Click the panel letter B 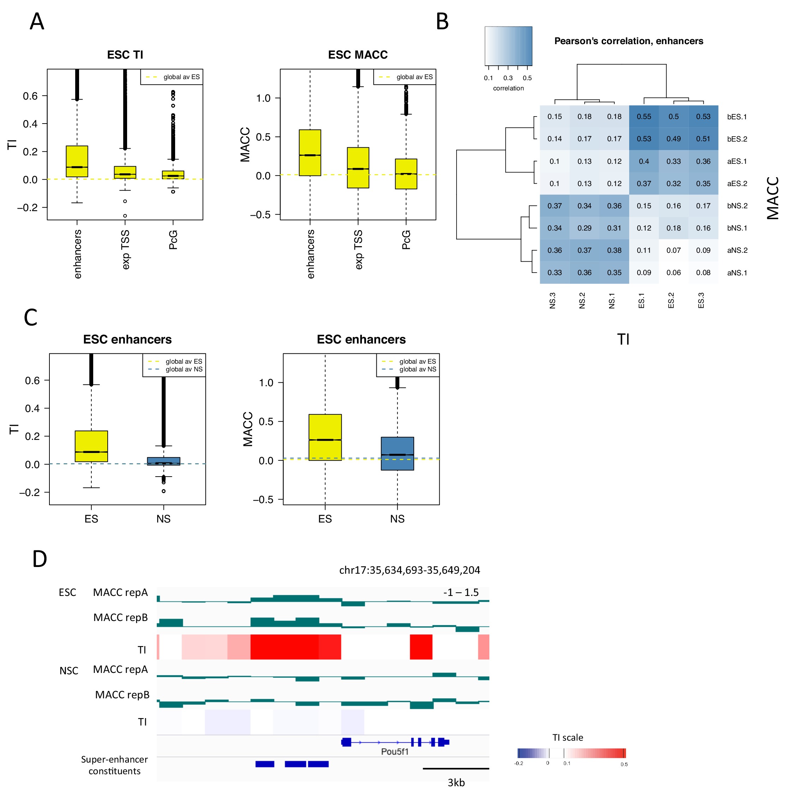[442, 22]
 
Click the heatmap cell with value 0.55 [644, 117]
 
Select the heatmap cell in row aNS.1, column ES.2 [673, 273]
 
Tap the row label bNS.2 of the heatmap [737, 206]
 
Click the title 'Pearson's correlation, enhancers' [628, 41]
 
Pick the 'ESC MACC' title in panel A [358, 55]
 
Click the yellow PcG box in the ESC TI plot [173, 175]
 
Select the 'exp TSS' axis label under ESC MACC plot [358, 250]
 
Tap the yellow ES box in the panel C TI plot [91, 446]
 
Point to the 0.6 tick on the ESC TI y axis [30, 96]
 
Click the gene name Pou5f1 [394, 752]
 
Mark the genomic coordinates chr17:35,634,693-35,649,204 [409, 570]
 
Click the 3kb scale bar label [456, 782]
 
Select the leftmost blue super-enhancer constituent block [265, 764]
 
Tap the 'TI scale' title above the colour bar [567, 738]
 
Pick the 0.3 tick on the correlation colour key [508, 78]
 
